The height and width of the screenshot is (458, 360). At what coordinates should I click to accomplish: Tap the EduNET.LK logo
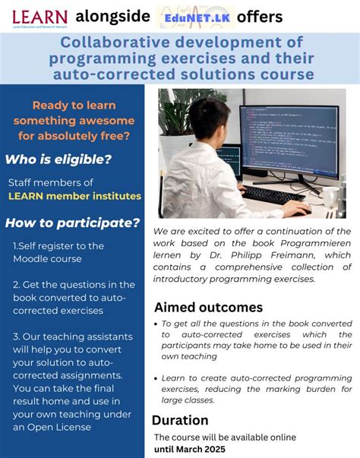193,17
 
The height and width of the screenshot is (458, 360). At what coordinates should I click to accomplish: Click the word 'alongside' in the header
112,17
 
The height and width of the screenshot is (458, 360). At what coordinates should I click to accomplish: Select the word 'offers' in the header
259,17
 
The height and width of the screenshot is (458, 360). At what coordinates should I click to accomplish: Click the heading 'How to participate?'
72,223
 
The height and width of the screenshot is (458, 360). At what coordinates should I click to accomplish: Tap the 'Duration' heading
180,420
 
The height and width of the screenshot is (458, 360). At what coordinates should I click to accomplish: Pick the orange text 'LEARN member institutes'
74,196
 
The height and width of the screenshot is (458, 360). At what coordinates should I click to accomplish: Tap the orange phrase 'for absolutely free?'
72,136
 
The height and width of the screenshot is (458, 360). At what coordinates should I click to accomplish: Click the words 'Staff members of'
51,182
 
